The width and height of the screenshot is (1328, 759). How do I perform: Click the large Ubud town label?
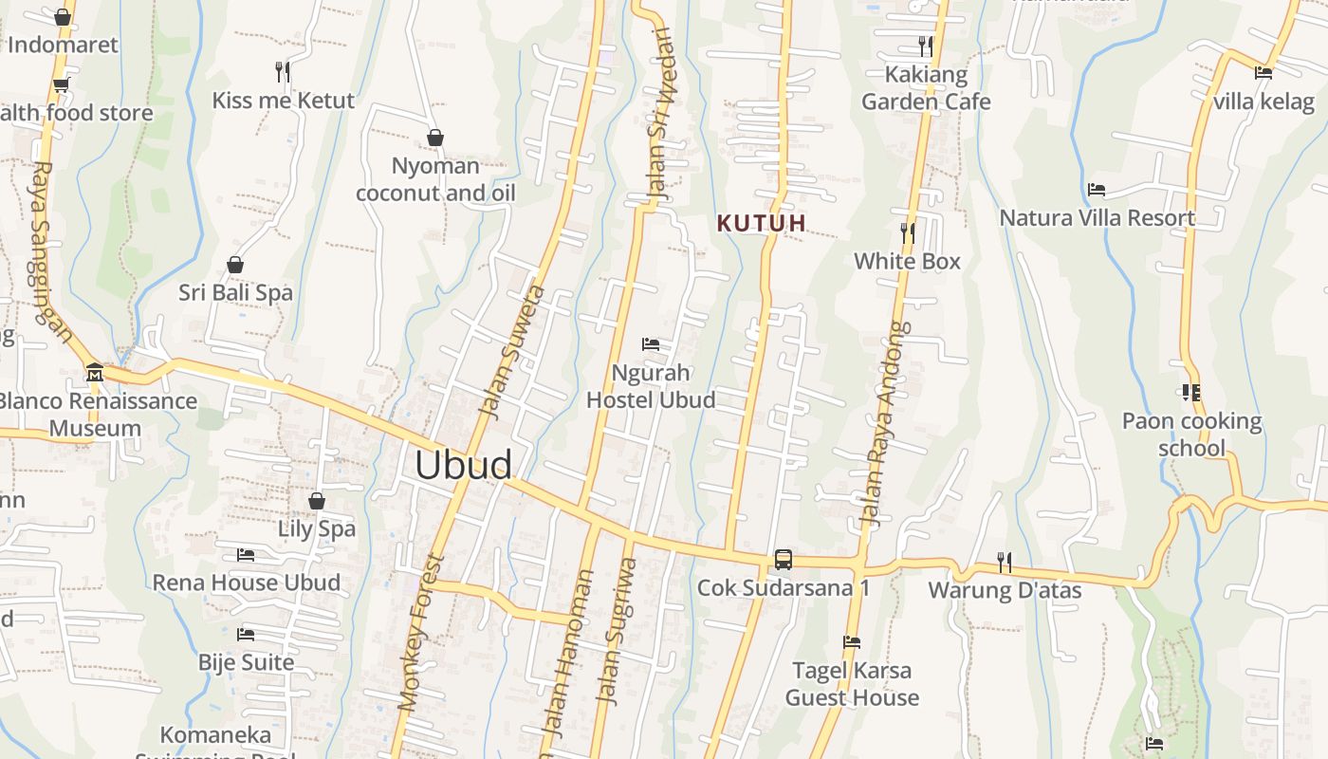click(x=463, y=465)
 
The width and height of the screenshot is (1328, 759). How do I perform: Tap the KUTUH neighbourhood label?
click(x=761, y=224)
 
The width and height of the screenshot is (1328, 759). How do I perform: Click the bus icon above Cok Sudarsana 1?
click(x=783, y=559)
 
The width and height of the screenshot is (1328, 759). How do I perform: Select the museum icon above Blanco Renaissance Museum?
click(x=94, y=372)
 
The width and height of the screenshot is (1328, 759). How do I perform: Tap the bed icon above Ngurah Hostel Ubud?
click(x=651, y=343)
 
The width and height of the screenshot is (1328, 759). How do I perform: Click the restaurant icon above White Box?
click(x=908, y=231)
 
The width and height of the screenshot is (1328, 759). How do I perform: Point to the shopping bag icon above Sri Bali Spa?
click(x=235, y=265)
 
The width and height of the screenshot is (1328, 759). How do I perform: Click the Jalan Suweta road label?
click(x=512, y=351)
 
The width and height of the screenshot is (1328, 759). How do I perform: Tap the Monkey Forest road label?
click(x=421, y=632)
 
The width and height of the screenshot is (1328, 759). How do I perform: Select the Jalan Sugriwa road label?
click(x=615, y=631)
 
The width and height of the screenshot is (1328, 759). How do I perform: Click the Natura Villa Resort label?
click(x=1097, y=218)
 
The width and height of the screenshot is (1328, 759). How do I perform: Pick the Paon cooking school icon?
click(x=1191, y=392)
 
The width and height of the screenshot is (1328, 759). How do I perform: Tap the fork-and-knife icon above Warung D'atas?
click(x=1004, y=563)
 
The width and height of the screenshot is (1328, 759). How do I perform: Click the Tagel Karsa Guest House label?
click(x=852, y=684)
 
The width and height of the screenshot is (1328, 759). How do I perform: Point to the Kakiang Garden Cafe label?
click(x=926, y=87)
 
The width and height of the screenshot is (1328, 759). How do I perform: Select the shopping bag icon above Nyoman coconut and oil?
click(x=435, y=139)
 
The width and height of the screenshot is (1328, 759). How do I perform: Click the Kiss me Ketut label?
click(x=283, y=101)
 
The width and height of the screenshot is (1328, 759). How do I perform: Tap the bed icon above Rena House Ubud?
click(x=246, y=554)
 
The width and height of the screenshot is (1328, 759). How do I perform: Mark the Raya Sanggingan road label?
click(x=51, y=251)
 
